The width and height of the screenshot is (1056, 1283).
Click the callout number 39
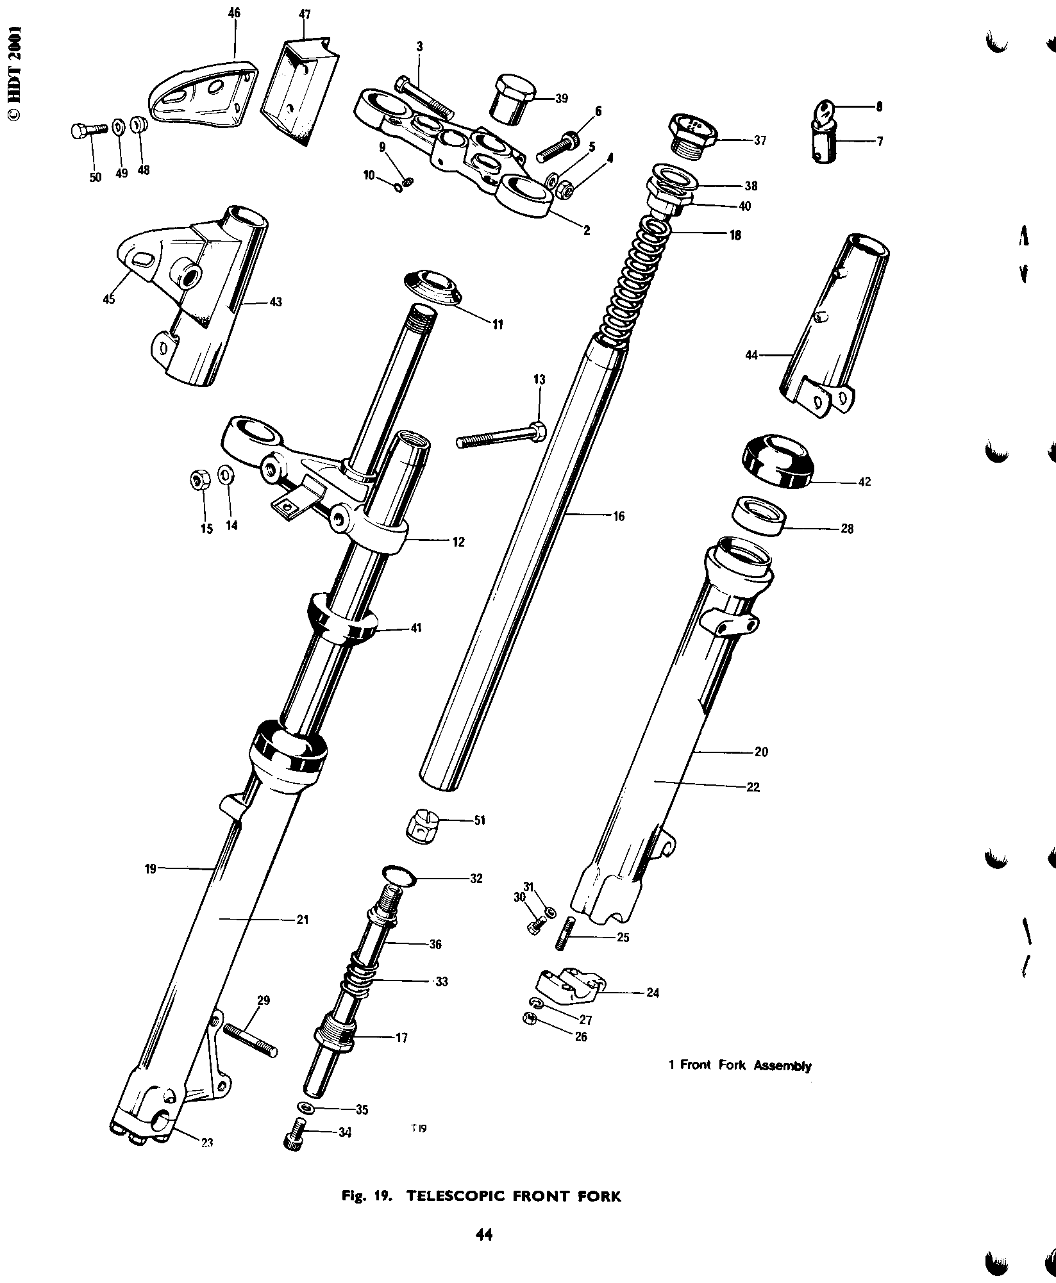click(561, 99)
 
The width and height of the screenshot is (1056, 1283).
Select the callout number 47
click(305, 15)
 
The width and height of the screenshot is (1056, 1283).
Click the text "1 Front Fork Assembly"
click(740, 1065)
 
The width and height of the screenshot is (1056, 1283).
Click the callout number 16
click(618, 515)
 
